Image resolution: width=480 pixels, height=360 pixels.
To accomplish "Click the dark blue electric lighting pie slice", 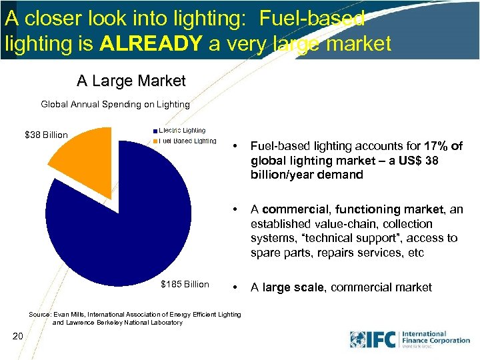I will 127,220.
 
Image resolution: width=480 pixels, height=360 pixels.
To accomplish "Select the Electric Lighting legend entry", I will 181,131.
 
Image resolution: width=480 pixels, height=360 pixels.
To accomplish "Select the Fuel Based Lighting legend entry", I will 187,141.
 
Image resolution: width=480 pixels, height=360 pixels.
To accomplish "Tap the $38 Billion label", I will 46,135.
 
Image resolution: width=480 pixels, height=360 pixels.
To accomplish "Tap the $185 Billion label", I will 185,285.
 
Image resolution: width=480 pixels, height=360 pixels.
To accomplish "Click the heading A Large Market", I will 131,81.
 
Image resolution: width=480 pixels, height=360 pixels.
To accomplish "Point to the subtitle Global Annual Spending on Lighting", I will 115,105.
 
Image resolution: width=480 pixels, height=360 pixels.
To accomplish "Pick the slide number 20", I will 18,337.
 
